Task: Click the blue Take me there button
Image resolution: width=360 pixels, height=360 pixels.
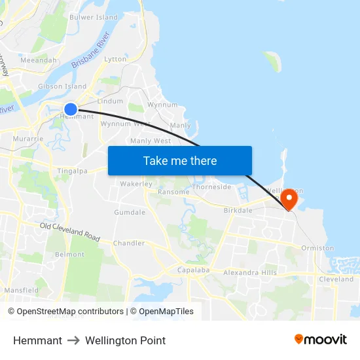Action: [x=180, y=160]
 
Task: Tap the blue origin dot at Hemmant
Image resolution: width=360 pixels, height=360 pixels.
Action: [x=71, y=109]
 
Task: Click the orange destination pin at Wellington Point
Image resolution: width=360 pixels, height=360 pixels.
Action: [x=288, y=198]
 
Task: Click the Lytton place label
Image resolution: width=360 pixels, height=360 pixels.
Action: [x=115, y=59]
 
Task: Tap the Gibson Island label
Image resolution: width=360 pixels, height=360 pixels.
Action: [x=62, y=86]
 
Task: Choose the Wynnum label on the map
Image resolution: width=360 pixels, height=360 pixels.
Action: [x=162, y=105]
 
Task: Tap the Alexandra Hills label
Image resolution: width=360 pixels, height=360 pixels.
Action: [x=250, y=273]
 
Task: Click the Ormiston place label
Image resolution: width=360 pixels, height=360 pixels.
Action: [x=317, y=248]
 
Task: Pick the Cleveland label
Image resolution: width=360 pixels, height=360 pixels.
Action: [x=336, y=279]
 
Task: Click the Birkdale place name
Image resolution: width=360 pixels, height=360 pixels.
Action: [x=238, y=211]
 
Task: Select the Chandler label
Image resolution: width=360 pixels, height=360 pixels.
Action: [x=129, y=243]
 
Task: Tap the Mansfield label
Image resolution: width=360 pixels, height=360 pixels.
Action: [x=22, y=290]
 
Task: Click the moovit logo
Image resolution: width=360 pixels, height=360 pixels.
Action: [x=321, y=340]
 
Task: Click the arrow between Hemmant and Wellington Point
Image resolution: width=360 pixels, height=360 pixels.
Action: [x=73, y=340]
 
